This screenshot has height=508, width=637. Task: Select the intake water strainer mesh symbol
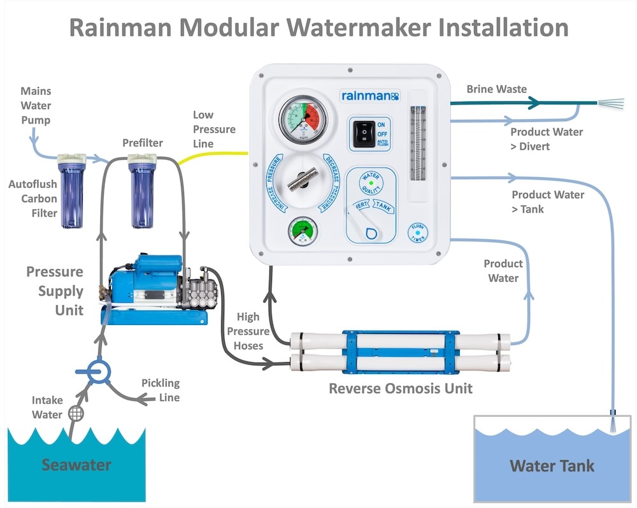76,413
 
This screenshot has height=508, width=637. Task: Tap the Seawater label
76,465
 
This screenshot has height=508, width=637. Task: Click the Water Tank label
552,465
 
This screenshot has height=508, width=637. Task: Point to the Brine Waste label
497,90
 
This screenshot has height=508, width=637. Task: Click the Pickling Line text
161,390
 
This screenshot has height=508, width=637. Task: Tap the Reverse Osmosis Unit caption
401,388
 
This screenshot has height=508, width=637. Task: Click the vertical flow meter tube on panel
418,146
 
